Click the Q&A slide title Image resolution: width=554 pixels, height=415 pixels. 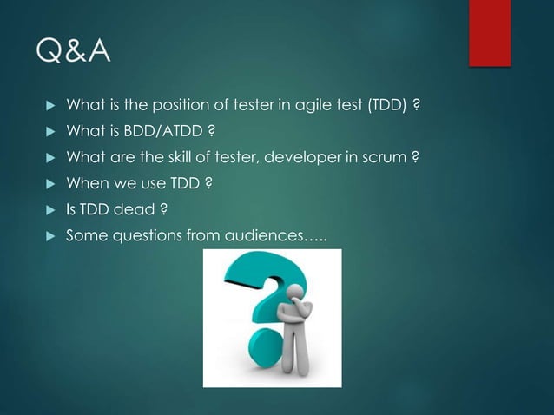74,54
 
